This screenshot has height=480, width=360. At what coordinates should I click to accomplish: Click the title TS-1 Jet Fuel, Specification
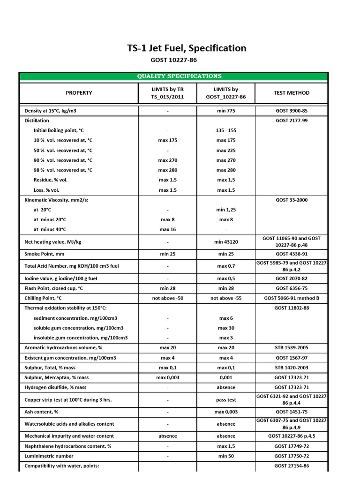point(187,48)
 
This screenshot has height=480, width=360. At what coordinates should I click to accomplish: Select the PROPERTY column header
point(79,93)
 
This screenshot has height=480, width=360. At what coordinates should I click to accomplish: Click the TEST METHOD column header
point(292,93)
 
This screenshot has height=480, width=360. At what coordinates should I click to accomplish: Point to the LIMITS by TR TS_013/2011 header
point(167,93)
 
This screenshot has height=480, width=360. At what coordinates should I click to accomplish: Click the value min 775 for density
point(226,111)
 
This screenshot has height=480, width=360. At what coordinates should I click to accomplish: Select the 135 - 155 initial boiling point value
point(226,130)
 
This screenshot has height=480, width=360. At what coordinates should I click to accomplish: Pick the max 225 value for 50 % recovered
point(226,150)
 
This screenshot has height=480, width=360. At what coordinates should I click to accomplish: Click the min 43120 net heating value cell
point(226,242)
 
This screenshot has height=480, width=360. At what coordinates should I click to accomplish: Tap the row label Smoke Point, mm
point(45,254)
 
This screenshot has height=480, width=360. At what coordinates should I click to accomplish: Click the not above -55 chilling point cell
point(226,298)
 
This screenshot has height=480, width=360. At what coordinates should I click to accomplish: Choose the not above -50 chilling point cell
point(167,298)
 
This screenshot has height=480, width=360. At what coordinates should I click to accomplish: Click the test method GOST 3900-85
point(292,111)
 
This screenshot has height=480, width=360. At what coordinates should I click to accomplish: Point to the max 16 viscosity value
point(167,230)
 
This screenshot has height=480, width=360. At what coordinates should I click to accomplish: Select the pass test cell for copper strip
point(226,400)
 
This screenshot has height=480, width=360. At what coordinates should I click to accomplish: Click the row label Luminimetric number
point(49,456)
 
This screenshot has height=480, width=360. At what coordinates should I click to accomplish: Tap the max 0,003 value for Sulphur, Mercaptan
point(167,377)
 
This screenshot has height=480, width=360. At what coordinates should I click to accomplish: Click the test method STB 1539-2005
point(292,348)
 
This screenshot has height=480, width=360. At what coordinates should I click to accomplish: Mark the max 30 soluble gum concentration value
point(226,328)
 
